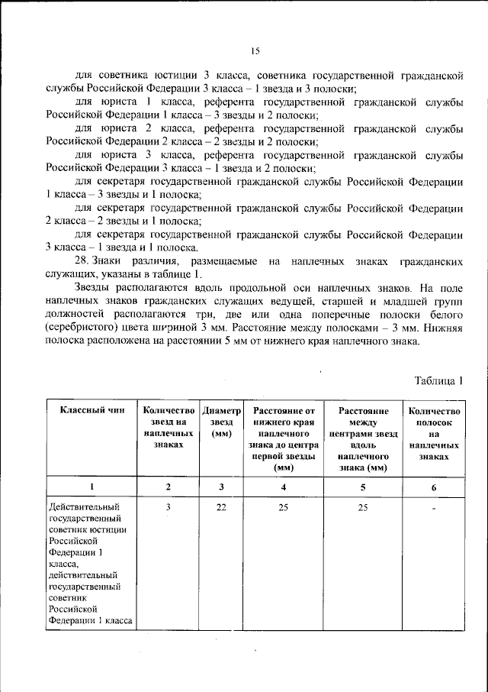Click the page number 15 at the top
[x=255, y=51]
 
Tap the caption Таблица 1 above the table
[x=438, y=380]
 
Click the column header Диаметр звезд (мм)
[x=221, y=421]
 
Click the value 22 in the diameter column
[x=221, y=506]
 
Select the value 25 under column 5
[x=364, y=506]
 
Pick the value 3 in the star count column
[x=169, y=506]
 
